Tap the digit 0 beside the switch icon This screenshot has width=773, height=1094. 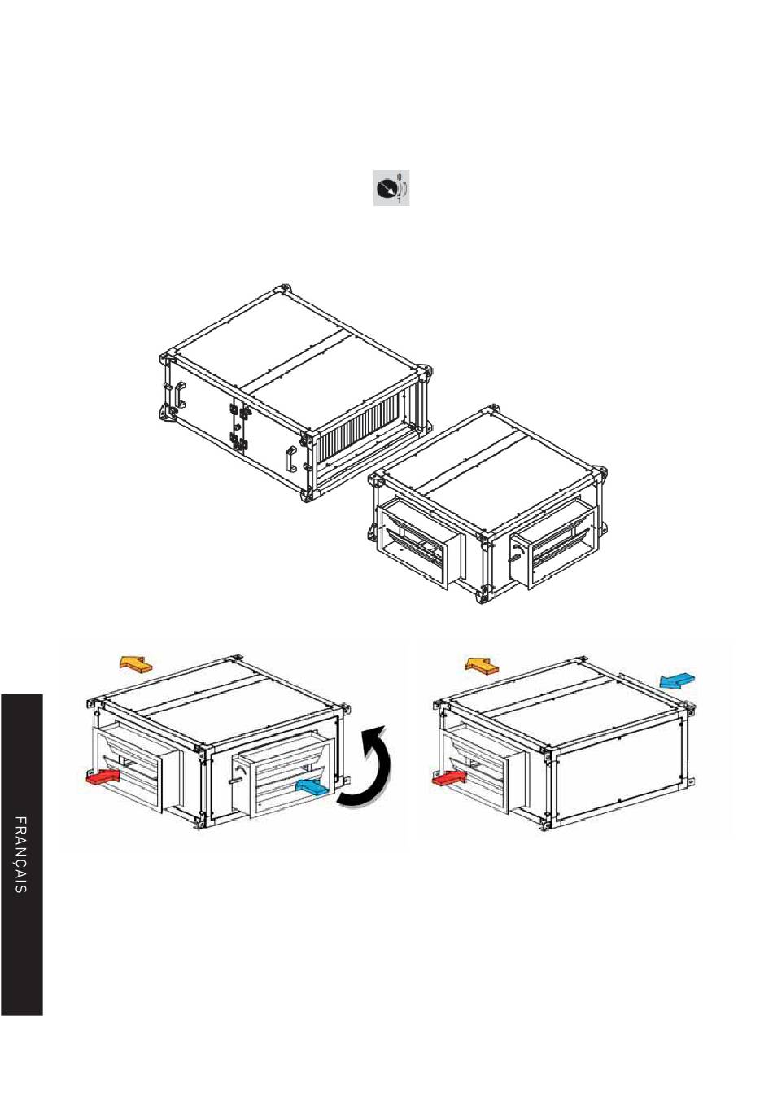pyautogui.click(x=400, y=176)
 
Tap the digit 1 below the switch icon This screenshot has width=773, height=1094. pyautogui.click(x=400, y=200)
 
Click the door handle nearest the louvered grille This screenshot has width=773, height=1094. pyautogui.click(x=291, y=460)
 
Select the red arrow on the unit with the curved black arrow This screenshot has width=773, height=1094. pyautogui.click(x=103, y=778)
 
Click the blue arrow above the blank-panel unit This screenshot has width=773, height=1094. pyautogui.click(x=678, y=680)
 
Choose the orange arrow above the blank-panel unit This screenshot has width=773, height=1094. pyautogui.click(x=483, y=666)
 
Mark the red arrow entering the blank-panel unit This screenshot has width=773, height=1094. pyautogui.click(x=450, y=779)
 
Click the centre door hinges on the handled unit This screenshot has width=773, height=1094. pyautogui.click(x=238, y=425)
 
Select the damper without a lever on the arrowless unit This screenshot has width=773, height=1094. pyautogui.click(x=419, y=545)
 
